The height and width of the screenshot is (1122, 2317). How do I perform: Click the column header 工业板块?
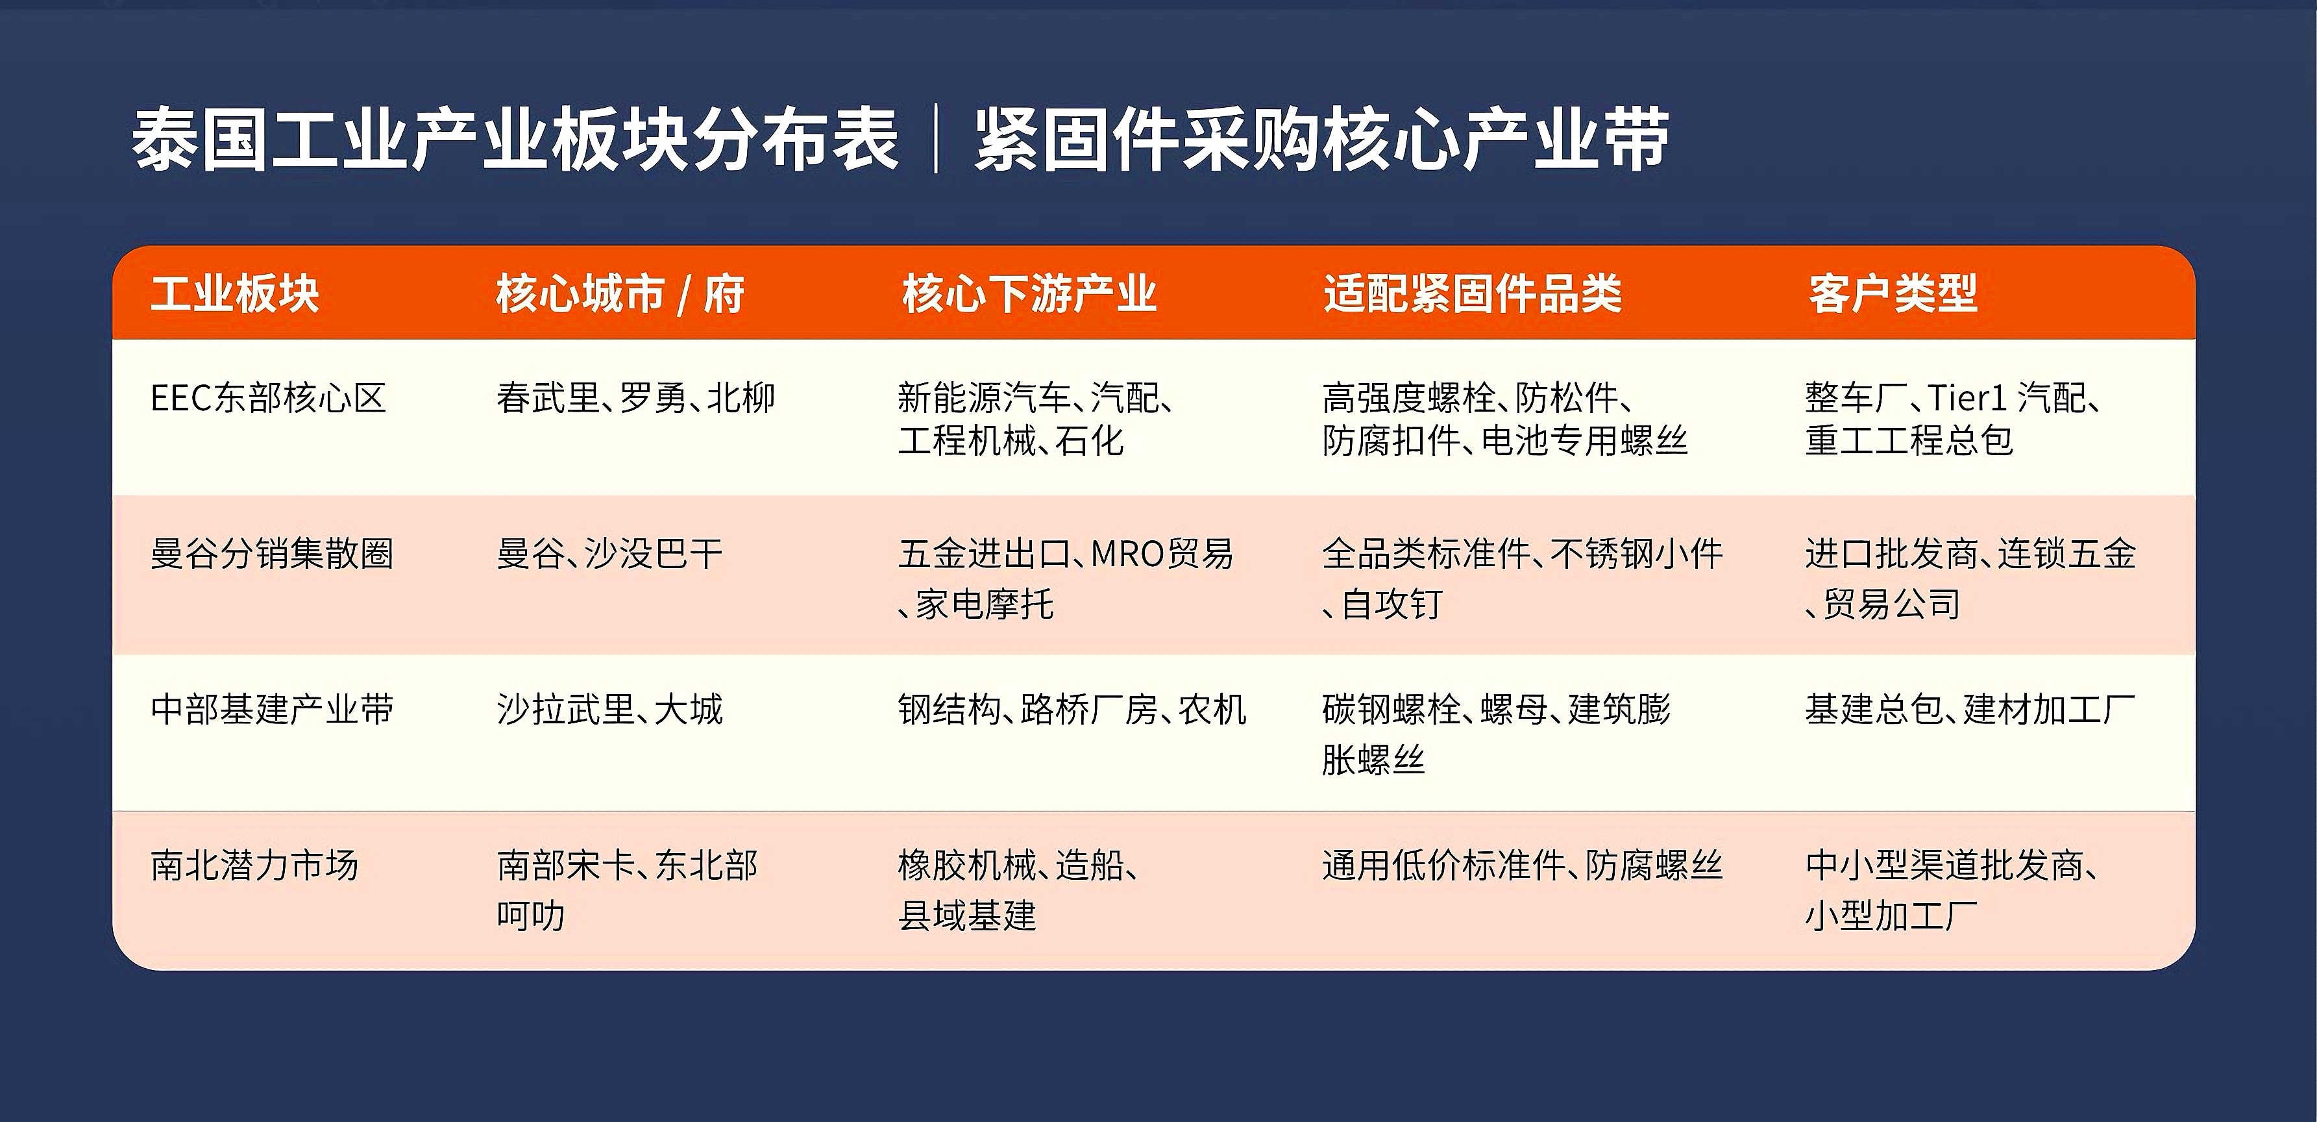(x=235, y=293)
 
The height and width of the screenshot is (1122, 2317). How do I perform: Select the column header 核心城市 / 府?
(x=620, y=293)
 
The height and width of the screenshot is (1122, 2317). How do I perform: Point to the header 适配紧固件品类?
(x=1473, y=293)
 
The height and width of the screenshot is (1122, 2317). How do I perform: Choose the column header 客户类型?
(x=1893, y=293)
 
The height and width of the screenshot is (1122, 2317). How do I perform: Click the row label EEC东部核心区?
(x=268, y=397)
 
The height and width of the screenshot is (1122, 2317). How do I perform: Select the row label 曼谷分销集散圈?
(x=272, y=553)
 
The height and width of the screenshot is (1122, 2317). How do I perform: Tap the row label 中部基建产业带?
(x=272, y=709)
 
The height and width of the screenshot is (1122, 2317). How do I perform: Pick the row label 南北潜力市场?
(x=254, y=866)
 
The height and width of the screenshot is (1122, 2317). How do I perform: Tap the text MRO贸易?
(x=1162, y=553)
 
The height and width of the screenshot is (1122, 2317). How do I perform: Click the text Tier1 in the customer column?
(x=1967, y=397)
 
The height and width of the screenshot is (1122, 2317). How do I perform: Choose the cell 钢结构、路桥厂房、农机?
(x=1072, y=709)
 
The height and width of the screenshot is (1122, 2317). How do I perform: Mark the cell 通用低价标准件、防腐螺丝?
(x=1522, y=866)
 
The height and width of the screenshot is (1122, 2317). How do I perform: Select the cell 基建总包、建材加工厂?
(x=1970, y=709)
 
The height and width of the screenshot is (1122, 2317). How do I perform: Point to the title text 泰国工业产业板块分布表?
(x=515, y=140)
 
